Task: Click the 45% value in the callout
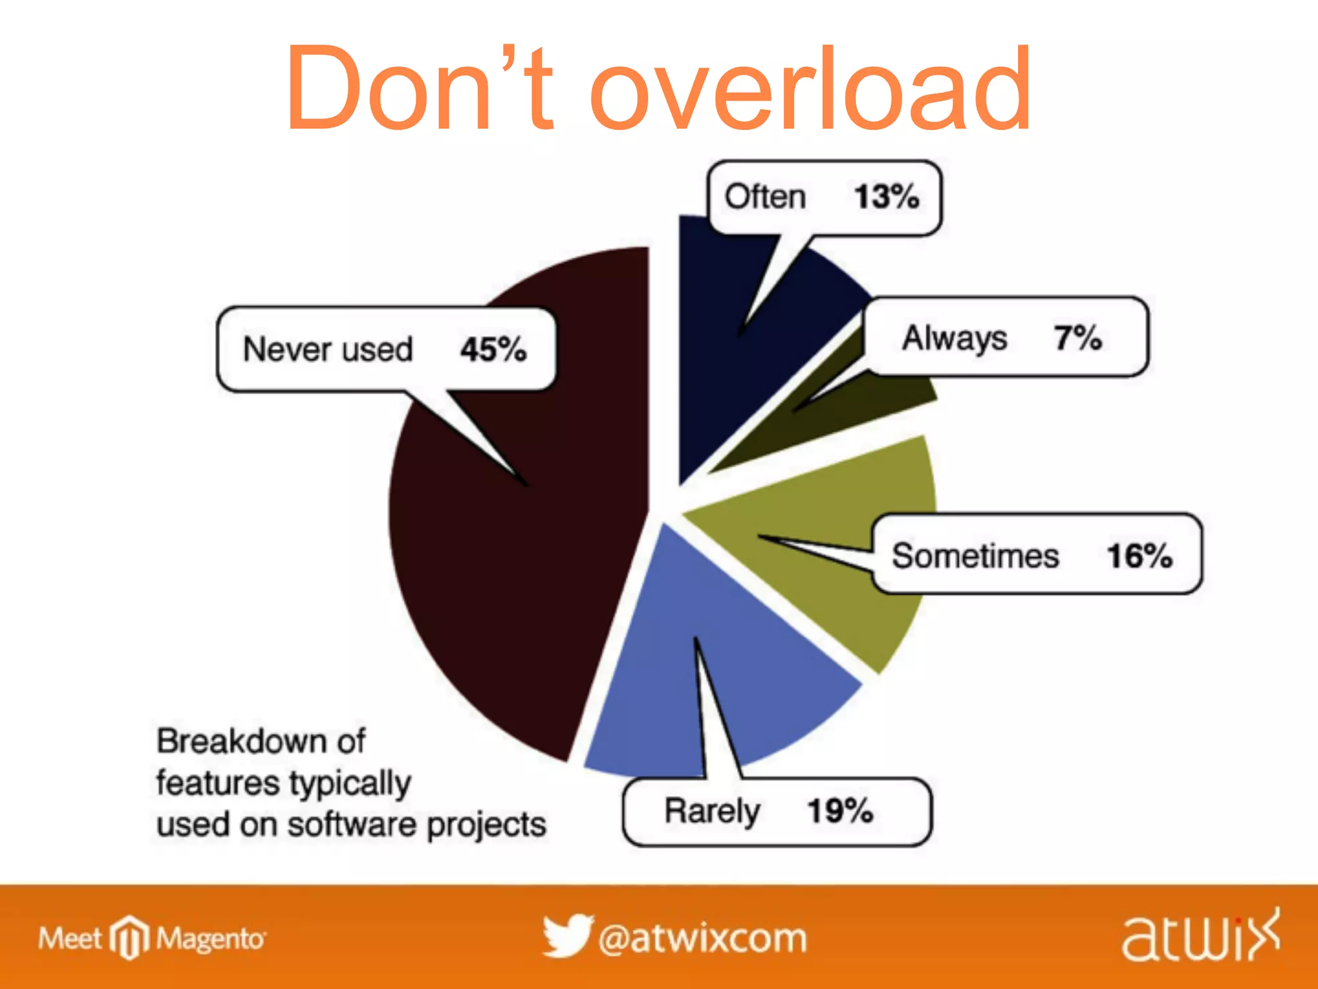[493, 350]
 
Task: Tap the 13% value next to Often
[886, 196]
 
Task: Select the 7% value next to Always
[1077, 337]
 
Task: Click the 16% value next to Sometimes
[1138, 555]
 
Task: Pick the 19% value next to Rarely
[840, 811]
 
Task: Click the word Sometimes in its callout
[974, 556]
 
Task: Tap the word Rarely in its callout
[712, 811]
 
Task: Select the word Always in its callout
[954, 338]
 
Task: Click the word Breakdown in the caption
[261, 741]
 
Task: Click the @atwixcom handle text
[702, 938]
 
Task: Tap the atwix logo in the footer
[1201, 937]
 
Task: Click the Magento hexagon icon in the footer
[129, 937]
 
